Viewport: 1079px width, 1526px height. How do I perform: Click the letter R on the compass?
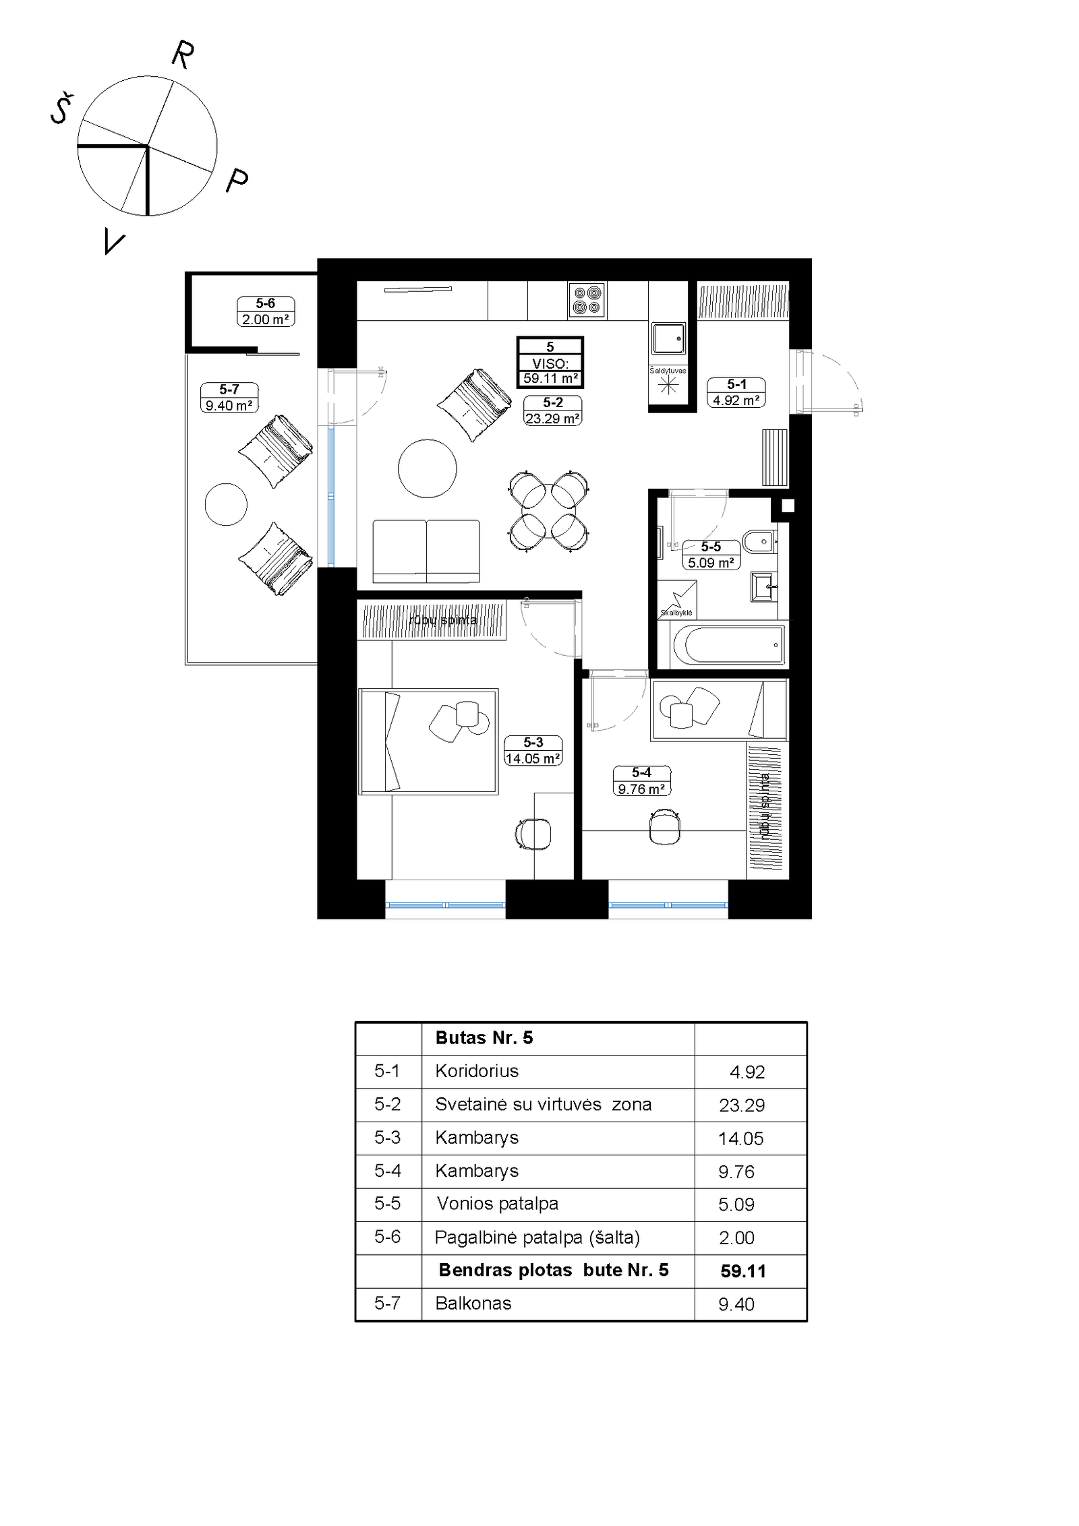pyautogui.click(x=183, y=55)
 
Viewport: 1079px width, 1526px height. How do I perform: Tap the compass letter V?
pyautogui.click(x=114, y=241)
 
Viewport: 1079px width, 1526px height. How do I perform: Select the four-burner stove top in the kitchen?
pyautogui.click(x=587, y=300)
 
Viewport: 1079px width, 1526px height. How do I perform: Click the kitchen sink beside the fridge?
pyautogui.click(x=668, y=338)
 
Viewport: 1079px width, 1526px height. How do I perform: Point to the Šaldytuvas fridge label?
pyautogui.click(x=668, y=370)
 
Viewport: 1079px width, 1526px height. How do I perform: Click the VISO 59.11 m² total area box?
pyautogui.click(x=550, y=363)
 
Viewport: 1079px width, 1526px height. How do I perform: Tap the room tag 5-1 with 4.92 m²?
pyautogui.click(x=736, y=392)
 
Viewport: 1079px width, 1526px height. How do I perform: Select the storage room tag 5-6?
pyautogui.click(x=266, y=311)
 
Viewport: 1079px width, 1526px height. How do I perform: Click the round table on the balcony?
pyautogui.click(x=226, y=504)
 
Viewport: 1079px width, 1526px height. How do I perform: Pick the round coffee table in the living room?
pyautogui.click(x=427, y=468)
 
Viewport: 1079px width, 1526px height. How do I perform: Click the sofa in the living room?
pyautogui.click(x=426, y=551)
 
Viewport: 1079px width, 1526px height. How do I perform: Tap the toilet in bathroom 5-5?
pyautogui.click(x=760, y=541)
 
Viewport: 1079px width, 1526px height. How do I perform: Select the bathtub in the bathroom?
pyautogui.click(x=729, y=644)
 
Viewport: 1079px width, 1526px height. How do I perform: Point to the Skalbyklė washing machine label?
pyautogui.click(x=676, y=613)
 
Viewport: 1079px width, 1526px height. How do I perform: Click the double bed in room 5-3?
pyautogui.click(x=428, y=741)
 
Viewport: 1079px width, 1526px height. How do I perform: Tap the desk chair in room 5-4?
pyautogui.click(x=664, y=826)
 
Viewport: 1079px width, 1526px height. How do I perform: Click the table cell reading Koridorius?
pyautogui.click(x=477, y=1071)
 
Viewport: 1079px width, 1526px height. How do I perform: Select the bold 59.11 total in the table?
pyautogui.click(x=743, y=1271)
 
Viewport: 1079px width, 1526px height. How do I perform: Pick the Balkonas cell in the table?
pyautogui.click(x=473, y=1304)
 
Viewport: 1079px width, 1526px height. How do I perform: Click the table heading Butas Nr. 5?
pyautogui.click(x=484, y=1038)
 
